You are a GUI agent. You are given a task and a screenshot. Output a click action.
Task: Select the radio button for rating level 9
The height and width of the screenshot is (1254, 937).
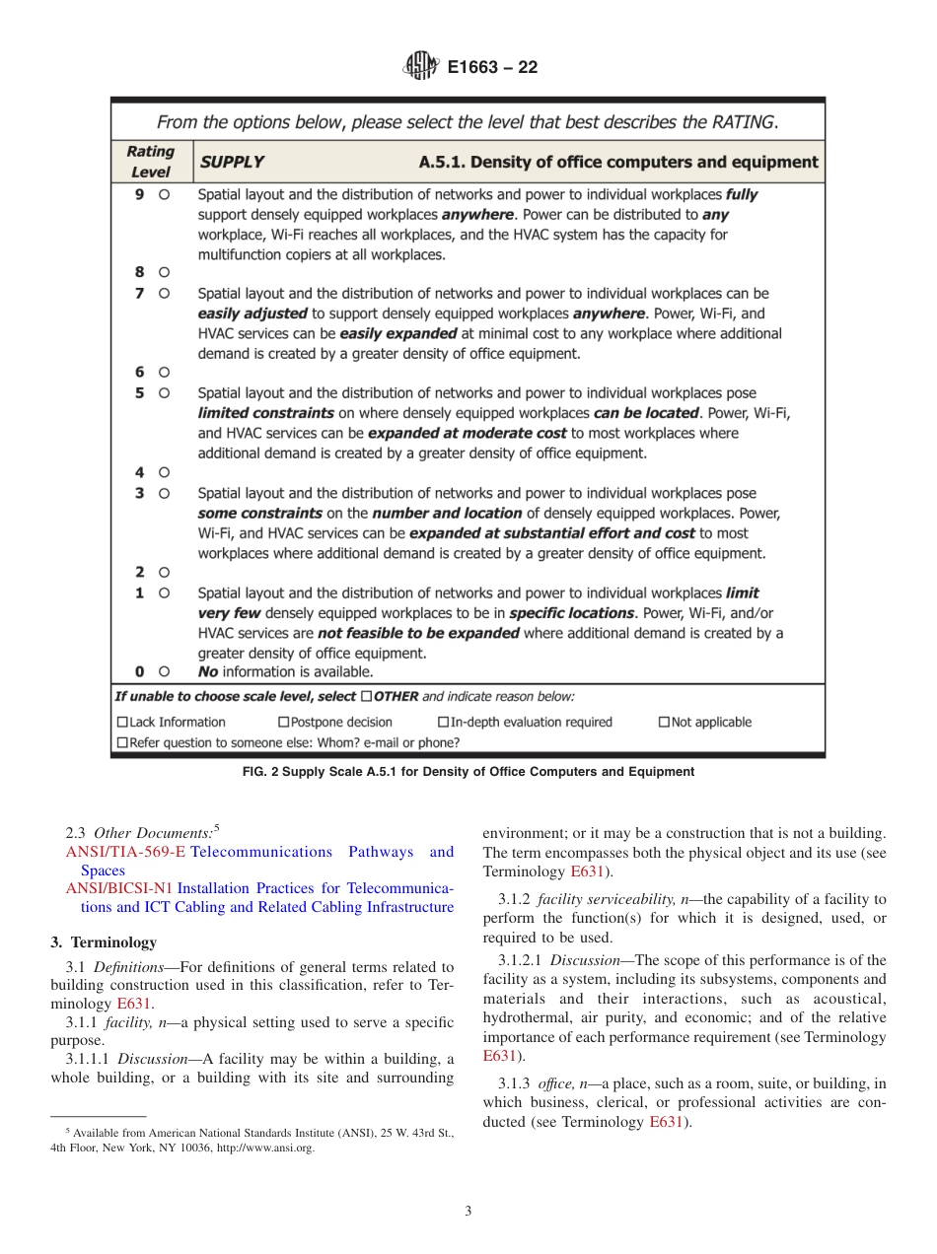point(164,195)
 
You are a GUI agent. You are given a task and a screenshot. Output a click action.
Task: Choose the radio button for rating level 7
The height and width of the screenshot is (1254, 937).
point(164,293)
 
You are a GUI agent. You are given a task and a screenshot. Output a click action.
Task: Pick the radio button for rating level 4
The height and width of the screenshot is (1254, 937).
point(164,472)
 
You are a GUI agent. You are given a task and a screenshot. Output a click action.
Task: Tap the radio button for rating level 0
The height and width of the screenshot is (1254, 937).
point(164,671)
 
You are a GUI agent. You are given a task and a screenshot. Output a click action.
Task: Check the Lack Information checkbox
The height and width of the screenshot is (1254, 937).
point(122,723)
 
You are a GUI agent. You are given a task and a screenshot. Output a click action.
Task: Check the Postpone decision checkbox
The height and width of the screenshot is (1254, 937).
point(284,723)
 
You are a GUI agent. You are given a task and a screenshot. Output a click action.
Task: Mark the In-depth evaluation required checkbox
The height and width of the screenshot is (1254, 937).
point(443,723)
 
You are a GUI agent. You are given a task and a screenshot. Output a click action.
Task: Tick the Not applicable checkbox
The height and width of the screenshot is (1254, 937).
point(664,723)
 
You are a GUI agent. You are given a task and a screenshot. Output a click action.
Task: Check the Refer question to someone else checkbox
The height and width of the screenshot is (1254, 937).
point(122,742)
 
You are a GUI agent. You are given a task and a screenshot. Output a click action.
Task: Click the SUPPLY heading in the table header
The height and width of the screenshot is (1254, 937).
point(232,162)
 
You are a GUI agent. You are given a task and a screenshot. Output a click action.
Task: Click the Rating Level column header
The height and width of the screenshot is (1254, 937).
point(151,162)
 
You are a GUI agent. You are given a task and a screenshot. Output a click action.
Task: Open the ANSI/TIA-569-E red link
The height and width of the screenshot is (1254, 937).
point(125,852)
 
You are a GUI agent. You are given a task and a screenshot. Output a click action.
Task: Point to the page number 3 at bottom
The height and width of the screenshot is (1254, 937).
point(468,1211)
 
